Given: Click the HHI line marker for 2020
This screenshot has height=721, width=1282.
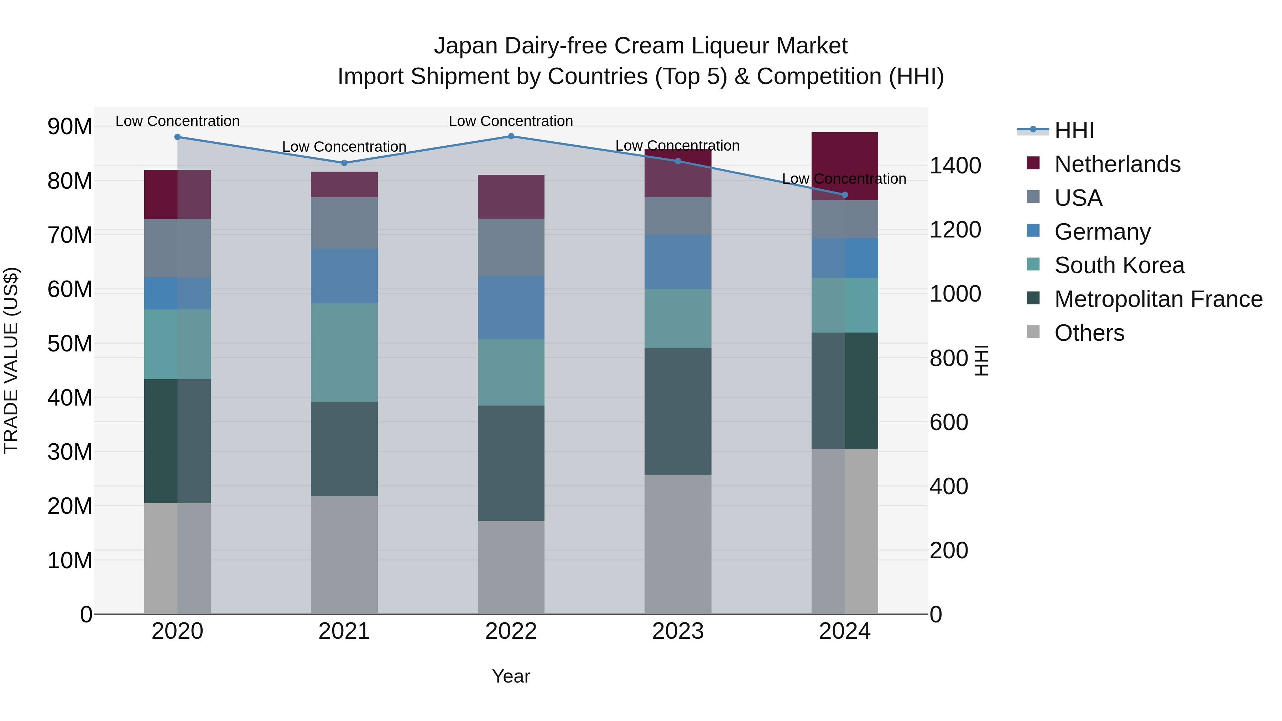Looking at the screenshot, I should click(178, 137).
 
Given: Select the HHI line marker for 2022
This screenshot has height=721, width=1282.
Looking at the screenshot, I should click(511, 136).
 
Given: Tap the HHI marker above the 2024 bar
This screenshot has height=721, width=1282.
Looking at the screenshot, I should click(845, 194).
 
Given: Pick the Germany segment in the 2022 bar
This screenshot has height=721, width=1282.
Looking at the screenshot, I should click(511, 308).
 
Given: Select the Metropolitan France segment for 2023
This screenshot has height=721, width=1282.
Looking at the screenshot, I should click(678, 412).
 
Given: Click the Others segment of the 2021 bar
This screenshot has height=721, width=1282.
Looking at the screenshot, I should click(344, 555).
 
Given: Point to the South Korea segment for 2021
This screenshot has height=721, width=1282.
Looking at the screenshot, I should click(344, 352).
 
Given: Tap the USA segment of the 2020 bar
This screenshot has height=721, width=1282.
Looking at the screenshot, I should click(178, 248).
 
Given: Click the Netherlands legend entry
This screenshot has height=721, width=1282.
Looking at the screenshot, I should click(1117, 164).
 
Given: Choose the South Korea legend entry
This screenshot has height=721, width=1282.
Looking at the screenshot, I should click(1119, 265).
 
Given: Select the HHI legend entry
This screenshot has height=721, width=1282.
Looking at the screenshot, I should click(1074, 130).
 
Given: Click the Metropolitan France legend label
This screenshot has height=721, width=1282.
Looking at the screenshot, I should click(1158, 299).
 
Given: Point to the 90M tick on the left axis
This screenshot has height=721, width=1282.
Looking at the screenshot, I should click(70, 126).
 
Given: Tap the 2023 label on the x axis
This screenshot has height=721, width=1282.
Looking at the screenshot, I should click(678, 631).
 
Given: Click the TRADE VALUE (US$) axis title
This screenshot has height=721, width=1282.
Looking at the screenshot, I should click(11, 360).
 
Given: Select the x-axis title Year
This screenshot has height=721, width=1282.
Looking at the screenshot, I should click(511, 676).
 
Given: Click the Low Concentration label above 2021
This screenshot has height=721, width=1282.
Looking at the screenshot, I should click(344, 147).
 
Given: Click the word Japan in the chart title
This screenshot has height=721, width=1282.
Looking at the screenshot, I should click(465, 46).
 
